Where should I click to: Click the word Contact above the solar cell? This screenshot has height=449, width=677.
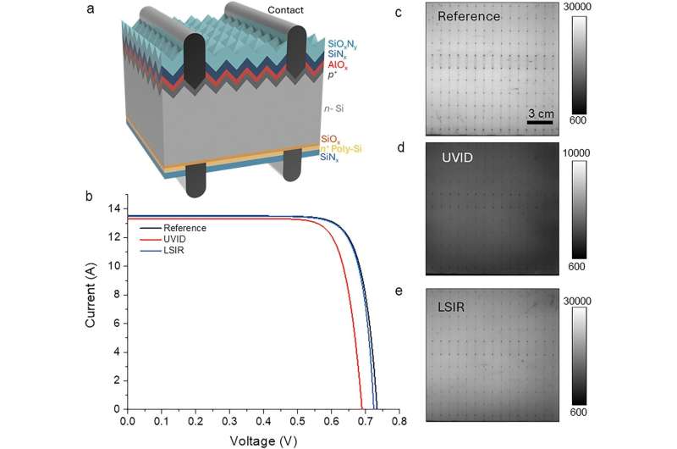click(x=286, y=11)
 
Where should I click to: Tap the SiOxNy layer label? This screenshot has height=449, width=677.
click(x=344, y=42)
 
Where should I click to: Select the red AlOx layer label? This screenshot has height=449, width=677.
click(x=336, y=64)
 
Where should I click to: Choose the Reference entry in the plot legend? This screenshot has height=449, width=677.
click(x=184, y=228)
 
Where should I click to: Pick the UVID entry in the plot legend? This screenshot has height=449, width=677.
click(x=173, y=239)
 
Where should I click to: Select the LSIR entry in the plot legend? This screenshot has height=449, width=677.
click(x=173, y=250)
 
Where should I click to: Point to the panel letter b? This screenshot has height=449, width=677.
click(x=90, y=196)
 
